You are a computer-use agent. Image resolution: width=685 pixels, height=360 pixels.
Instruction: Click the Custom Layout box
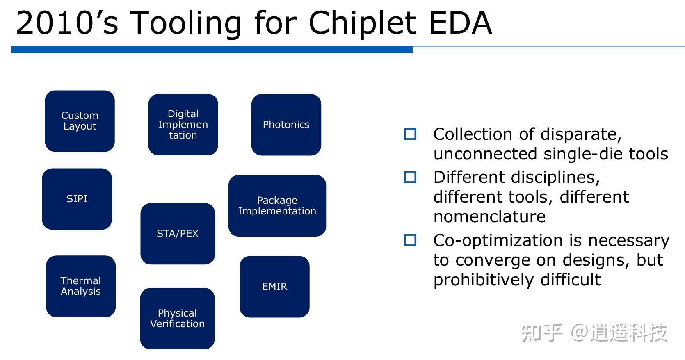[80, 121]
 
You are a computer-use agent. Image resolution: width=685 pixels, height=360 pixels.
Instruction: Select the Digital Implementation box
[183, 125]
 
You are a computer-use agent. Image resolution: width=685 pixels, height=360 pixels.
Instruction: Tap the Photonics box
[286, 125]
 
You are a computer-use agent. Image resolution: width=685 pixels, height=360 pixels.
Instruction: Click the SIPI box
[77, 199]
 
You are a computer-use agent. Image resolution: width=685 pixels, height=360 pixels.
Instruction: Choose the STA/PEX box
[178, 234]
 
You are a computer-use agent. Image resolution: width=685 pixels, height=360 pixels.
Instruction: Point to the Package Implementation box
[277, 206]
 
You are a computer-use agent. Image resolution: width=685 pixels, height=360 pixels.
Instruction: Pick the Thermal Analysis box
[81, 286]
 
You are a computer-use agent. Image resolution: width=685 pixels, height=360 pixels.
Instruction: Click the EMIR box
[274, 287]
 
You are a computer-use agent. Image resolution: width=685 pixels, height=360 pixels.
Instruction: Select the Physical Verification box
[177, 319]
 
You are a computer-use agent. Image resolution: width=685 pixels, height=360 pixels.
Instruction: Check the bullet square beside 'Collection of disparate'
[410, 134]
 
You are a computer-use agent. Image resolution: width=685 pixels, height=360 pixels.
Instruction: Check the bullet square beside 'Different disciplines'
[410, 177]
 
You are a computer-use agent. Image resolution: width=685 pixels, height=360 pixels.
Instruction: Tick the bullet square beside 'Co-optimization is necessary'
[410, 240]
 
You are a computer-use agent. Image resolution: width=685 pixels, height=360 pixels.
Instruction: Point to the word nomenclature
[489, 216]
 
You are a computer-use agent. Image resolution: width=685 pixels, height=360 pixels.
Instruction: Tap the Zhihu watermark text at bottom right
[594, 333]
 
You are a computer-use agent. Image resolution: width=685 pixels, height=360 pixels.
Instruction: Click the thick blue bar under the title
[212, 50]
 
